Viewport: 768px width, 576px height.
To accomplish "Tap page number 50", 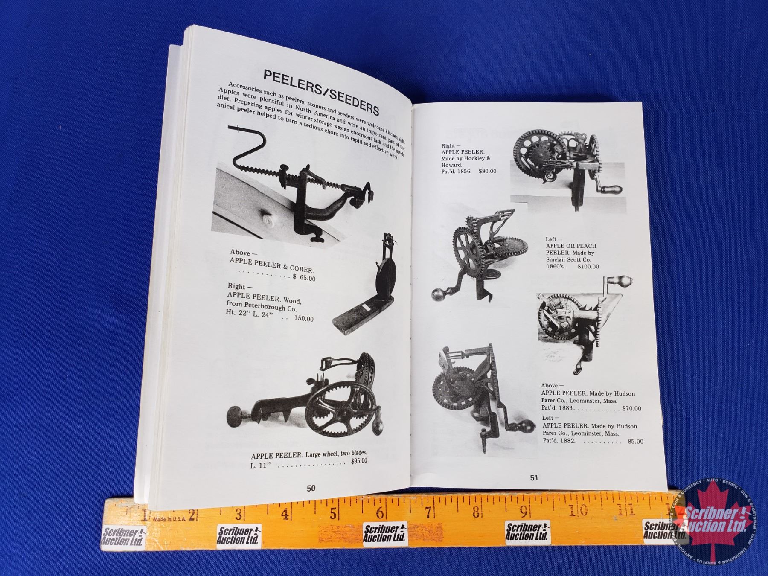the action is [311, 488].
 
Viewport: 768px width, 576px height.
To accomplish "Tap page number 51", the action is [534, 478].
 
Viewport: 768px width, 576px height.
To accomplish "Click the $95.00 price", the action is [358, 461].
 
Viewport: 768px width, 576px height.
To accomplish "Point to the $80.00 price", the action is [487, 172].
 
